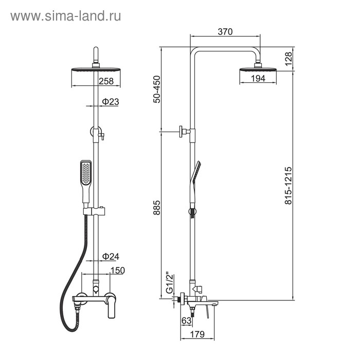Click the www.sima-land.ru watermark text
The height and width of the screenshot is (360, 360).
[x=66, y=16]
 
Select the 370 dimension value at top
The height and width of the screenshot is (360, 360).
[x=225, y=32]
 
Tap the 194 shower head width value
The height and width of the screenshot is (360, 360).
[x=258, y=78]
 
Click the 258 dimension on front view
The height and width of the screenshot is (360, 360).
[x=106, y=81]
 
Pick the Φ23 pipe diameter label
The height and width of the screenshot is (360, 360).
[x=110, y=102]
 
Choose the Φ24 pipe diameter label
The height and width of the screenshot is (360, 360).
[x=110, y=256]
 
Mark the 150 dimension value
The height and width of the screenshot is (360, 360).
[x=117, y=270]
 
